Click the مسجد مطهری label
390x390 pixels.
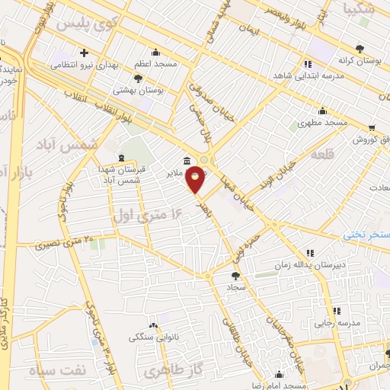(323, 122)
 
